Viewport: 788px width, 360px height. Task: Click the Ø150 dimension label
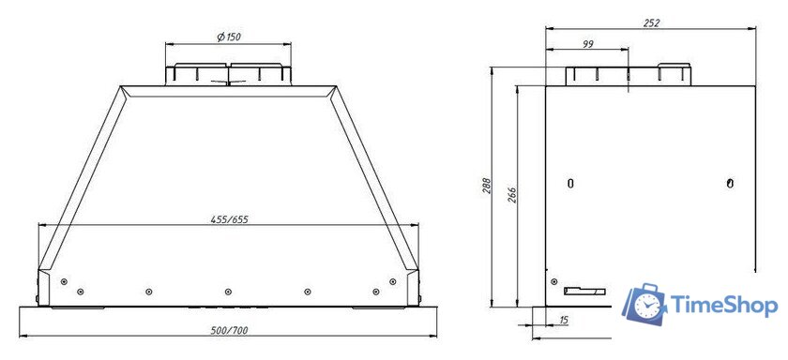coord(228,37)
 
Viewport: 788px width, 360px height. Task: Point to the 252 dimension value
coord(651,22)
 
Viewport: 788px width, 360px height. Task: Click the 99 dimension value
coord(588,44)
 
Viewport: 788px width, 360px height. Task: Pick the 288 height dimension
coord(487,187)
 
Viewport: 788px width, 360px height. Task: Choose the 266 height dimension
coord(510,194)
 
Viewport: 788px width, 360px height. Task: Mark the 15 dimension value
coord(564,321)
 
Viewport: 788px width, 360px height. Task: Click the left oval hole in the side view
coord(570,183)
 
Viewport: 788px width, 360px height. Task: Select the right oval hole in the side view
coord(731,182)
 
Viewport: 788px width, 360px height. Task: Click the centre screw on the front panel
coord(228,292)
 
